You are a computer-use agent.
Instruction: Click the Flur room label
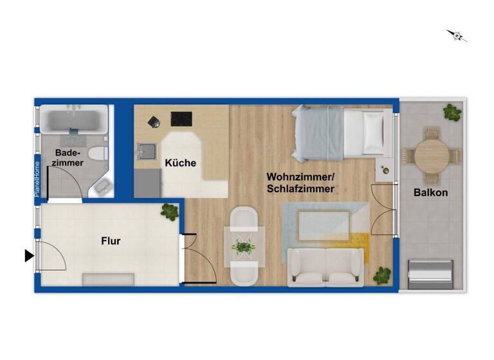coord(111,241)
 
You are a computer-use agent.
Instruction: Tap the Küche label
coord(181,163)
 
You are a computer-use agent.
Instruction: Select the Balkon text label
coord(430,192)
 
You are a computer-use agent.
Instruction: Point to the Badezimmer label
coord(69,158)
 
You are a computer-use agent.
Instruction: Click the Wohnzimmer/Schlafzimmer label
coord(301,183)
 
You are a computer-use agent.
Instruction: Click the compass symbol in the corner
coord(457,35)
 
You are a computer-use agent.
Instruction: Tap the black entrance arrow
coord(29,256)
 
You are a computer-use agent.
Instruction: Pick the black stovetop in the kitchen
coord(181,118)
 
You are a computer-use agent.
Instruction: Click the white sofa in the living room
coord(325,265)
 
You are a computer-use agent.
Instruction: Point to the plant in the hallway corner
coord(170,212)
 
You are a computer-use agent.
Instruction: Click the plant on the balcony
coord(452,112)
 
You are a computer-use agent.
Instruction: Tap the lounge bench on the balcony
coord(430,273)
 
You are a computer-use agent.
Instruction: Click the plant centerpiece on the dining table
coord(244,246)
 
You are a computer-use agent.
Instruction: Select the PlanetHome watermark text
coord(37,178)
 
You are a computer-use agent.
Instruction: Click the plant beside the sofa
coord(382,275)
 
